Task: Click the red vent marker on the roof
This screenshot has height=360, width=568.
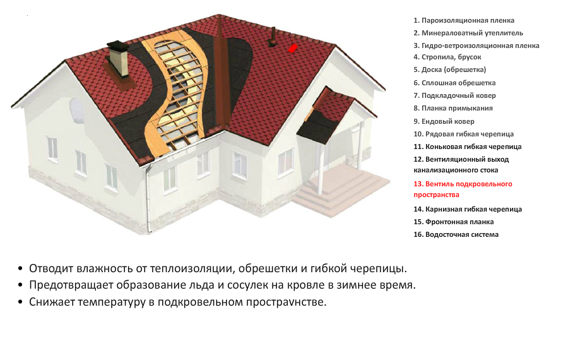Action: tap(293, 48)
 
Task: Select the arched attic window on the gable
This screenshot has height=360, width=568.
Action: tap(76, 111)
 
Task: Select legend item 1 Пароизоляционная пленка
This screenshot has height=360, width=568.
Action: tap(464, 20)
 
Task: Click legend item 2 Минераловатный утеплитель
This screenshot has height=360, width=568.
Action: tap(468, 33)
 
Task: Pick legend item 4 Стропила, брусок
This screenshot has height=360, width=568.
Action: tap(447, 57)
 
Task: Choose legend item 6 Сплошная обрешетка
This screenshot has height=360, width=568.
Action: tap(454, 83)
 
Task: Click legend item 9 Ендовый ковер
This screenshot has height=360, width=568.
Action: tap(444, 121)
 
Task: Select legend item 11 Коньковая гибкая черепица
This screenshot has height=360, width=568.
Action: tap(467, 147)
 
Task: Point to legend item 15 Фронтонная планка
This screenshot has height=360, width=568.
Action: tap(454, 222)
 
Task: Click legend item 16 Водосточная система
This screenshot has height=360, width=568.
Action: tap(456, 234)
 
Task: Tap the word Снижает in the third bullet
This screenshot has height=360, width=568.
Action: tap(50, 302)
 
